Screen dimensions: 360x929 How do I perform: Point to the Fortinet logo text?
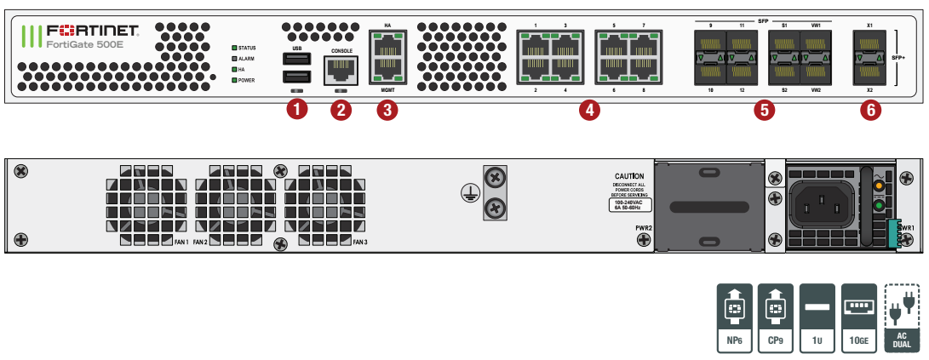click(x=94, y=29)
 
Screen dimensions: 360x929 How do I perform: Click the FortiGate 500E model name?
click(x=83, y=44)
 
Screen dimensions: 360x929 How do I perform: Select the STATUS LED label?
click(x=247, y=48)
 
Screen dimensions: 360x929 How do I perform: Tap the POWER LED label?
click(x=246, y=80)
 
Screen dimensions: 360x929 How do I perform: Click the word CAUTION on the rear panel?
click(x=629, y=175)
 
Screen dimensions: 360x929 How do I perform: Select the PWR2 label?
click(x=643, y=228)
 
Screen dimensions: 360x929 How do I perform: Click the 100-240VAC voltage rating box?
click(x=630, y=204)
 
